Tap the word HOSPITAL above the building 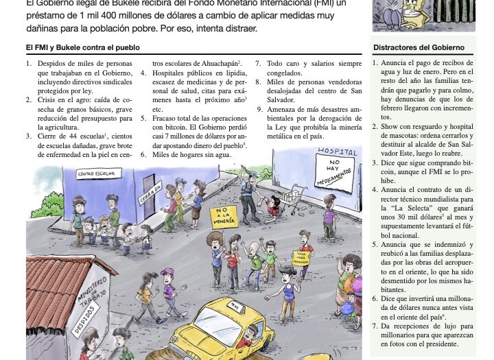[x=338, y=151]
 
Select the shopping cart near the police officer [x=294, y=195]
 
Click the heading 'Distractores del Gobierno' [x=419, y=48]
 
